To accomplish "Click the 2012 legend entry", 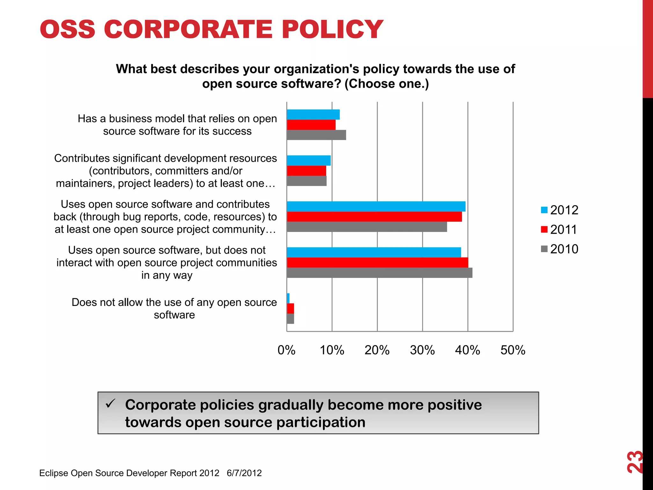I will (x=560, y=210).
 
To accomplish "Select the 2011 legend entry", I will (x=560, y=229).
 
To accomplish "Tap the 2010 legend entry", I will (x=560, y=249).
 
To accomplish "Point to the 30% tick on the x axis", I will (x=422, y=350).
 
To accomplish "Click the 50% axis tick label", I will (x=513, y=350).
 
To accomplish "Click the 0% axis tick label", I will (x=286, y=350).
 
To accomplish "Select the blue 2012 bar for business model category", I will (x=313, y=115).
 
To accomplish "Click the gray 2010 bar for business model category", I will (x=316, y=135).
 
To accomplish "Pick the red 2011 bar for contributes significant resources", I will (x=306, y=171).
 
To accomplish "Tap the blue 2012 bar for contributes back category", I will (x=376, y=206).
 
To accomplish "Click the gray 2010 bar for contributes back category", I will (x=367, y=227).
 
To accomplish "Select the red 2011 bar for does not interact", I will (x=378, y=263).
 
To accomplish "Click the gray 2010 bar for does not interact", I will (x=379, y=273).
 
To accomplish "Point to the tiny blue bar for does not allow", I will (x=288, y=298).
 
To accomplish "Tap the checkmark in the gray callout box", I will (x=110, y=404).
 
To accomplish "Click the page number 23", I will (x=635, y=462).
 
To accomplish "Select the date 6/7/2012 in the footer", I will (x=244, y=473).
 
